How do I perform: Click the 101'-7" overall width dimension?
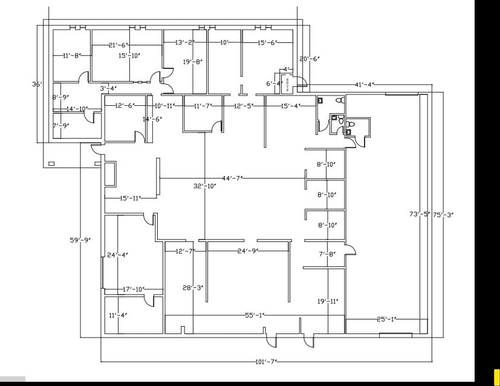[x=266, y=362]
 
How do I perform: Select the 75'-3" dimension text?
[x=443, y=214]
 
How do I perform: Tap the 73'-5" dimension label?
[x=420, y=214]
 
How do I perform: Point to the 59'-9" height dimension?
[x=80, y=240]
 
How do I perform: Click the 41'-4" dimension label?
[x=364, y=84]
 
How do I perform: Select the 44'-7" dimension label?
[x=232, y=178]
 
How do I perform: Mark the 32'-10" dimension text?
[x=204, y=186]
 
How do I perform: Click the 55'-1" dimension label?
[x=255, y=315]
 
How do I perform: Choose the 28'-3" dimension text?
[x=193, y=288]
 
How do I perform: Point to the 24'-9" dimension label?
[x=247, y=250]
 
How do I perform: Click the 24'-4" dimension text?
[x=117, y=255]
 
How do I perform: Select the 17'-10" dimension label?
[x=134, y=290]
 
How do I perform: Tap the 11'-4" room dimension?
[x=117, y=315]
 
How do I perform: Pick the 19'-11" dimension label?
[x=328, y=301]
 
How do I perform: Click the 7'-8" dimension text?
[x=327, y=255]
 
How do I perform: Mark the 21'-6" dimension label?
[x=119, y=45]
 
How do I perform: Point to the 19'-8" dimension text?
[x=192, y=62]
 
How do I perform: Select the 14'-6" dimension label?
[x=152, y=119]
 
